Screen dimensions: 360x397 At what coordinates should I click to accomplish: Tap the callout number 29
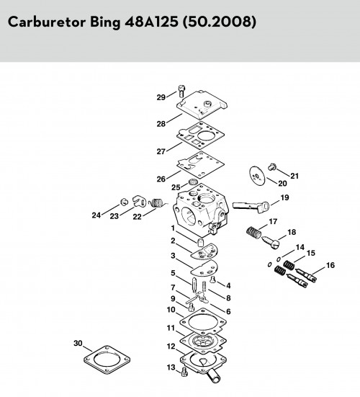161,97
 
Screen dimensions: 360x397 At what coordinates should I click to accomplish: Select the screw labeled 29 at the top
182,92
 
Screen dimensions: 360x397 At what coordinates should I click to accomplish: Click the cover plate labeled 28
202,105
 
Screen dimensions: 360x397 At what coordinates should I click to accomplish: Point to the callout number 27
161,151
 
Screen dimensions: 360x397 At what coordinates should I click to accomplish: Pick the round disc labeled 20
258,177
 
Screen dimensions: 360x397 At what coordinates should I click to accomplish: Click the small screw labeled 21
272,167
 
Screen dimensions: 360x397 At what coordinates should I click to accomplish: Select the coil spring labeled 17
253,232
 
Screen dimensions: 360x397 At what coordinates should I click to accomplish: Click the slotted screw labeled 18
271,242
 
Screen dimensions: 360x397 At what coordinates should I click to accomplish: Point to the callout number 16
330,265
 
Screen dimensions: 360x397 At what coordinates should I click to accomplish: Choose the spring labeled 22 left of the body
158,202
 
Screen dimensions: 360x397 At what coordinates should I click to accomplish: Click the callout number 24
96,215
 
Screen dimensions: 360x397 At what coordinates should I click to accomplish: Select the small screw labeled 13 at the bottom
185,372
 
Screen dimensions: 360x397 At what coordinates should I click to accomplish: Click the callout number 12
171,346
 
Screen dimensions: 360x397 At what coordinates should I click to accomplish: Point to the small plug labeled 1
200,242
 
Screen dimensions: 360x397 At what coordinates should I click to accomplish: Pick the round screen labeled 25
194,182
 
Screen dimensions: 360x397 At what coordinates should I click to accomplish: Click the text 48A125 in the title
151,22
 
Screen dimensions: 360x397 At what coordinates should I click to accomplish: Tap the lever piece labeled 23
139,201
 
